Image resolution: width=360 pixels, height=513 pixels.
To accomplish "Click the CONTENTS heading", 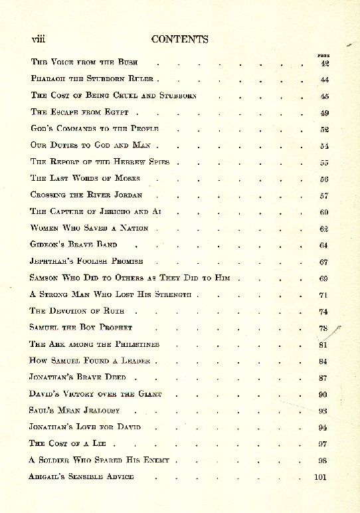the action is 179,39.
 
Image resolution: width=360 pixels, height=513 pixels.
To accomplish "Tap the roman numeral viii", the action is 38,39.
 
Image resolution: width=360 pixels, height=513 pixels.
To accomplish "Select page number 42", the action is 324,63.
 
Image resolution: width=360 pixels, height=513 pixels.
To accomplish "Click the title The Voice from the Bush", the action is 84,62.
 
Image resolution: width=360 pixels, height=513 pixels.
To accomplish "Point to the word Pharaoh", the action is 47,79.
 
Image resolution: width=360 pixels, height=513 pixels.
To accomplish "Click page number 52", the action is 324,130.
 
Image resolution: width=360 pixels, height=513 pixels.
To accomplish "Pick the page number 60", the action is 324,212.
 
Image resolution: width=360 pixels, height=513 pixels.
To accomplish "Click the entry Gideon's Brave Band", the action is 74,245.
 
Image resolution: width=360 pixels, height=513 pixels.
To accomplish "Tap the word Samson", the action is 44,278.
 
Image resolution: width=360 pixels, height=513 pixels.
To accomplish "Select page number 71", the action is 324,294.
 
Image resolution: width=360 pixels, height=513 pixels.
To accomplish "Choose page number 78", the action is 324,328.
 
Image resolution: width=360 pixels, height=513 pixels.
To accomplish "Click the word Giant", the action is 149,394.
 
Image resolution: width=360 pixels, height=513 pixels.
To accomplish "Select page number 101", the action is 322,476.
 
